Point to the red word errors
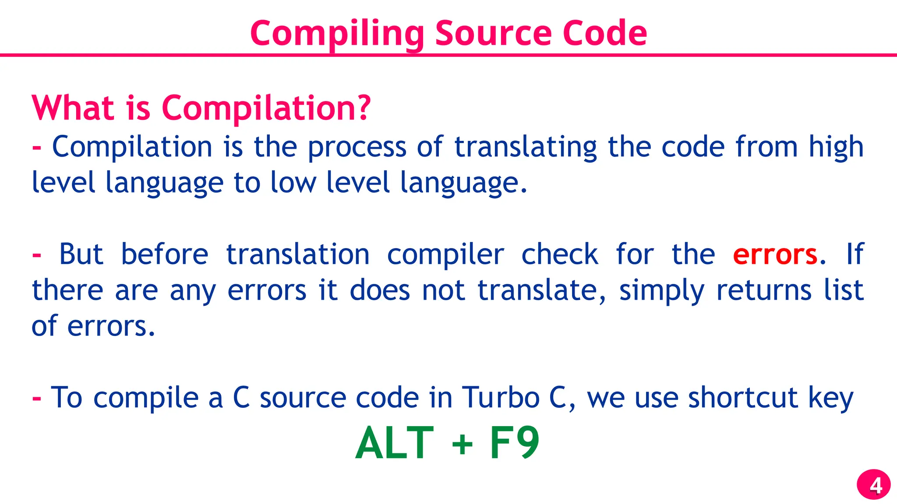pyautogui.click(x=775, y=255)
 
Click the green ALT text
pyautogui.click(x=395, y=443)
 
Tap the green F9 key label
pyautogui.click(x=514, y=443)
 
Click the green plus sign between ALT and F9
pyautogui.click(x=462, y=444)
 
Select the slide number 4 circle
pyautogui.click(x=873, y=485)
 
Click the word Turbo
pyautogui.click(x=501, y=398)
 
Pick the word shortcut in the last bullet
pyautogui.click(x=743, y=398)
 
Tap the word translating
pyautogui.click(x=526, y=147)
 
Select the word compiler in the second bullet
pyautogui.click(x=445, y=255)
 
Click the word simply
pyautogui.click(x=662, y=291)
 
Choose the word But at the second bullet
pyautogui.click(x=81, y=254)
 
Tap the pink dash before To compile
pyautogui.click(x=37, y=399)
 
